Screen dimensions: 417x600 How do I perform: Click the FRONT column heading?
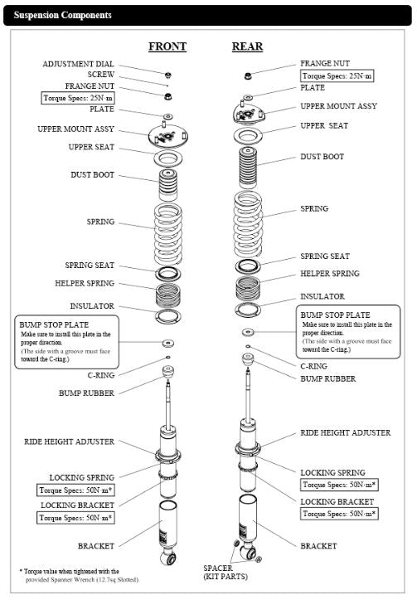167,46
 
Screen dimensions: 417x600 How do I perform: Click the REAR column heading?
247,46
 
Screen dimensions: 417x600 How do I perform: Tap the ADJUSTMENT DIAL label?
79,64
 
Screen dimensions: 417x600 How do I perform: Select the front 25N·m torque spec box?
78,98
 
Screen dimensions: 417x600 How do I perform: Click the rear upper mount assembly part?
249,113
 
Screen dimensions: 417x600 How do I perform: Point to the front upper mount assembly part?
167,136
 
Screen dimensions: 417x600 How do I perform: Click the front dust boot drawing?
168,185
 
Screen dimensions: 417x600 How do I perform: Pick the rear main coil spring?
248,224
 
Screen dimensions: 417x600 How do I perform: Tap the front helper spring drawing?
168,295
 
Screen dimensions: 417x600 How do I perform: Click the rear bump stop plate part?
248,332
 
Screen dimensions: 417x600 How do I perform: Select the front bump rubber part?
168,371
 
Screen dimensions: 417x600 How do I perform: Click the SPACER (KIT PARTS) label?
225,573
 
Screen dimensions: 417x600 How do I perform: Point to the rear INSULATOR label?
322,296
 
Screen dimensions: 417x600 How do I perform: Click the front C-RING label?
101,375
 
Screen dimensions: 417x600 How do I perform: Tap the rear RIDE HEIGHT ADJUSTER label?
346,433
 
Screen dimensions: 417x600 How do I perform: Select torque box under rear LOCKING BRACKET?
339,514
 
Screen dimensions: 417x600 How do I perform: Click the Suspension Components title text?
63,15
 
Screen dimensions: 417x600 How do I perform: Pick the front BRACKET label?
96,546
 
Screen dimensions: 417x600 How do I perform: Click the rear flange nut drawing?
248,76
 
